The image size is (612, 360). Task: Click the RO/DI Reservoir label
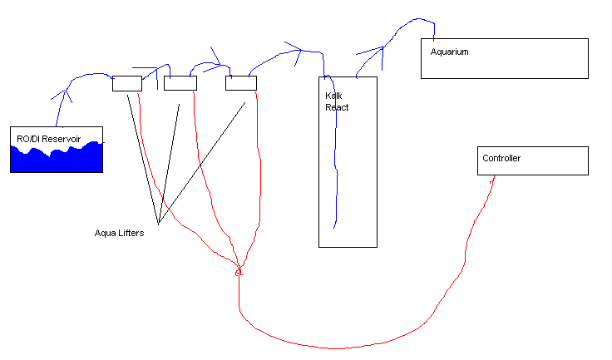[48, 139]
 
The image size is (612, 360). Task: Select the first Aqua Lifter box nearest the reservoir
[127, 84]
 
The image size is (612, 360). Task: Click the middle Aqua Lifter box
[180, 83]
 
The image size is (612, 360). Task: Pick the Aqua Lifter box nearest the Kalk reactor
[241, 83]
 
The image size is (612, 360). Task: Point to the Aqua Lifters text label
[119, 233]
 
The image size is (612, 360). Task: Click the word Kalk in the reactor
[333, 96]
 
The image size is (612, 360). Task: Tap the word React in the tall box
[337, 107]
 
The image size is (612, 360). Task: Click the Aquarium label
[449, 52]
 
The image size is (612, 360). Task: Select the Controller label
[501, 158]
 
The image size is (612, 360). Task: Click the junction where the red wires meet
[239, 271]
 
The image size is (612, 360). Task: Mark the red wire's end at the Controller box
[494, 176]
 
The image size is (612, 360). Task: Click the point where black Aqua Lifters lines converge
[159, 224]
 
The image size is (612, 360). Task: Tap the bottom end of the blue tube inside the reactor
[334, 228]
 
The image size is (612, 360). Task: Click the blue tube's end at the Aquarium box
[433, 39]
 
